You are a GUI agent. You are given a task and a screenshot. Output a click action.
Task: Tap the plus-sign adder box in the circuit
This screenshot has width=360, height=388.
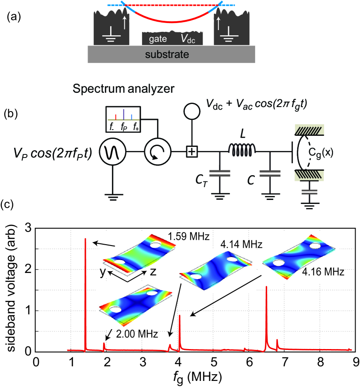pyautogui.click(x=191, y=152)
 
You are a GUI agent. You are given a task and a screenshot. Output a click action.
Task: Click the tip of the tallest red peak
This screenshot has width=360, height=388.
pyautogui.click(x=85, y=239)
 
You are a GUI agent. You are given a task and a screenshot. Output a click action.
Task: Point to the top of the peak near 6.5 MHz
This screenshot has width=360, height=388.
pyautogui.click(x=266, y=287)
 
